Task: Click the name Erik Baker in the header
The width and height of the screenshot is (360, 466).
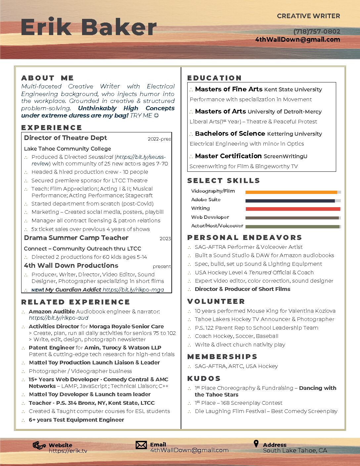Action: pos(88,27)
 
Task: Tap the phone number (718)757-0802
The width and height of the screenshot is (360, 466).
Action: pos(317,31)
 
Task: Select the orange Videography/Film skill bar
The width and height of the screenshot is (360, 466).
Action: pos(291,192)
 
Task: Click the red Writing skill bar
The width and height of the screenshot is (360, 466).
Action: pos(293,209)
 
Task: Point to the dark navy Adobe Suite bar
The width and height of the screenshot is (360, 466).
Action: pos(290,201)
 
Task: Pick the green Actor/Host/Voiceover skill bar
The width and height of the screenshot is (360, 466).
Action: pos(292,227)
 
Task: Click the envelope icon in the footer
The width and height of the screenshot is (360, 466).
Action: pos(141,445)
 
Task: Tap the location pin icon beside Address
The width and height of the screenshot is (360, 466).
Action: pos(256,444)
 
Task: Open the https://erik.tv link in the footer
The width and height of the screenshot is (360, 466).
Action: pos(68,451)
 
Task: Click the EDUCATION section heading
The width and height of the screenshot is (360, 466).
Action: pos(214,78)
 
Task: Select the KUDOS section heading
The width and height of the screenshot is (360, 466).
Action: pos(204,379)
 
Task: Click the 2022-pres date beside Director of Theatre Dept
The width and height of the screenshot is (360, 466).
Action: pos(159,139)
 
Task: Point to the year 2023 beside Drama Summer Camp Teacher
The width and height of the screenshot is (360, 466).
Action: pos(165,239)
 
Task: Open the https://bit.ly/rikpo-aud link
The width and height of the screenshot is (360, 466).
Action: pos(59,318)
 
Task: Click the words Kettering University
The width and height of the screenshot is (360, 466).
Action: pos(294,134)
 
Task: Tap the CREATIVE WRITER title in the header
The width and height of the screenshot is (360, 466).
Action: pos(308,16)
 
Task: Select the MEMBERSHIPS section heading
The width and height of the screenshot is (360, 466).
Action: pos(222,357)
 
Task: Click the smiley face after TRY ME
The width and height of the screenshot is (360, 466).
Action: pos(157,116)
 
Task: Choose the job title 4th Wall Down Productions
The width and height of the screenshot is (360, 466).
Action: pos(71,265)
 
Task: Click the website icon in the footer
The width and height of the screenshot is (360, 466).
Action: pos(39,445)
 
